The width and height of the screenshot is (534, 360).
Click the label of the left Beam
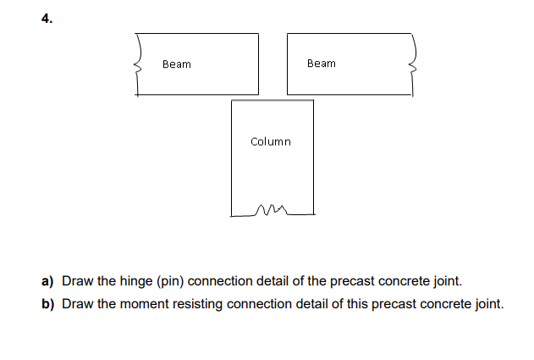[177, 64]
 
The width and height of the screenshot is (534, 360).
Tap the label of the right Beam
[322, 64]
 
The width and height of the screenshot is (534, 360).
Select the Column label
[271, 141]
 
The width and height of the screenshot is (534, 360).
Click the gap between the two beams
[273, 64]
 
